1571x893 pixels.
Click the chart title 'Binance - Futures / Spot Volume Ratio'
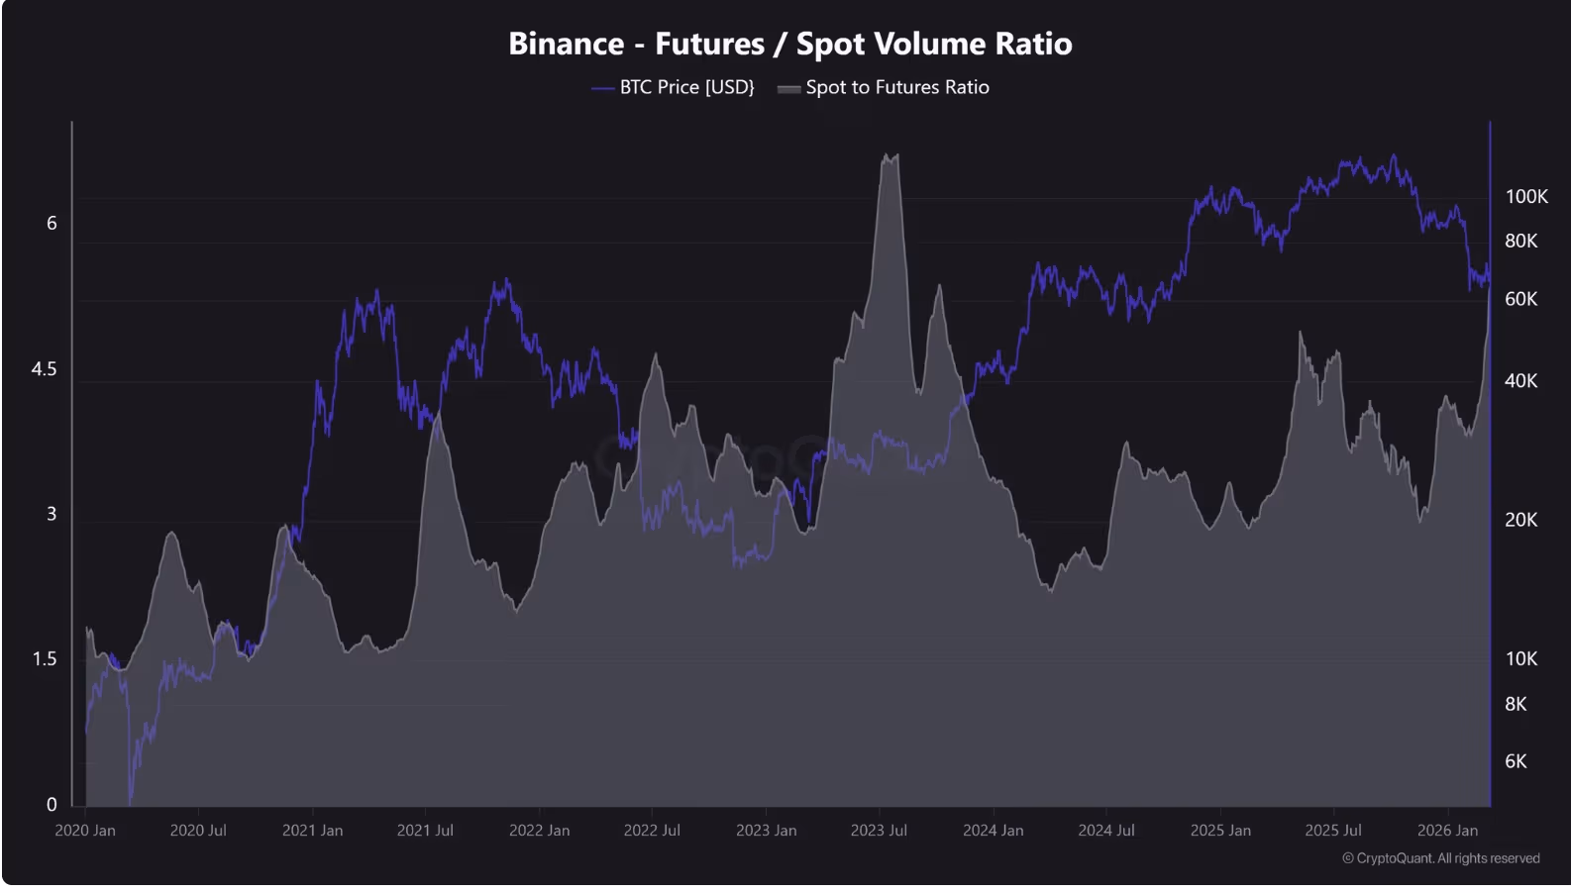tap(789, 44)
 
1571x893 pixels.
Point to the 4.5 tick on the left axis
tap(45, 369)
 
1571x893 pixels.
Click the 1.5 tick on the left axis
tap(45, 659)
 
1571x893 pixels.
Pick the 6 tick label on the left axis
tap(52, 224)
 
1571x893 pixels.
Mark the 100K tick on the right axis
tap(1525, 197)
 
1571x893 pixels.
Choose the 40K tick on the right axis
tap(1520, 381)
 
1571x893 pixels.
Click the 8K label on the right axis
tap(1516, 705)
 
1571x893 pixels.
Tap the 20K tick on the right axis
tap(1520, 520)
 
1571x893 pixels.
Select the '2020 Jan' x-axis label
tap(85, 831)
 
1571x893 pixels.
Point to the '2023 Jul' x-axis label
tap(879, 831)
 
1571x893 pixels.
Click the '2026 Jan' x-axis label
tap(1447, 831)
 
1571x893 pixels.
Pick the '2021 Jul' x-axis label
tap(425, 831)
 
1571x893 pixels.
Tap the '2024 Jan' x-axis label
tap(993, 831)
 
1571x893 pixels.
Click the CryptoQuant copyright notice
tap(1440, 858)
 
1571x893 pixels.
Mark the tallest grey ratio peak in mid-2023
tap(890, 156)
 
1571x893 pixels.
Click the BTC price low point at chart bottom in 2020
tap(130, 800)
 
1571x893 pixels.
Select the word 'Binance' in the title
tap(566, 44)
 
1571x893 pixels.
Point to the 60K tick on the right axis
tap(1520, 299)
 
